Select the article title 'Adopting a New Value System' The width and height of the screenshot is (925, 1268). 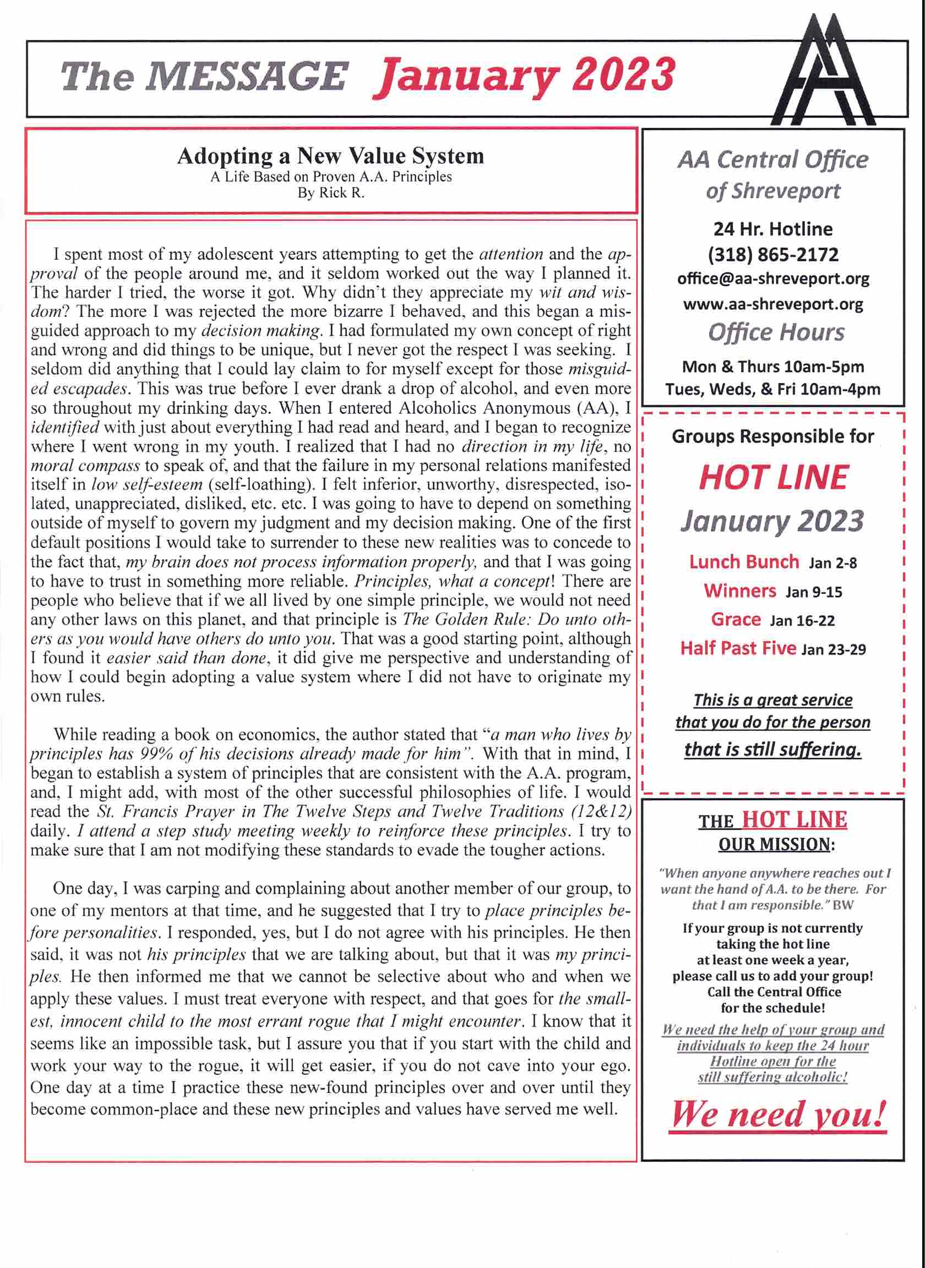[x=330, y=156]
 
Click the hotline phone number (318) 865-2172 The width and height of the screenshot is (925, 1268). [x=772, y=255]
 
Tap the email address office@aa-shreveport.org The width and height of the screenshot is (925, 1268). [x=772, y=278]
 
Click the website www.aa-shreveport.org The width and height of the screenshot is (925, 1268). [x=772, y=304]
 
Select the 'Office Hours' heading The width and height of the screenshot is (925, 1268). [x=775, y=332]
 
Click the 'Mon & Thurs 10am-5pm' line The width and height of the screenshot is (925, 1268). [x=772, y=367]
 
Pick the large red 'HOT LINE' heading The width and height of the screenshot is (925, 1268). [x=772, y=477]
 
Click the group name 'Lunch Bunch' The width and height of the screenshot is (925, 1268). [x=744, y=562]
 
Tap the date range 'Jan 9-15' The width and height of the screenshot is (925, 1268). [x=814, y=592]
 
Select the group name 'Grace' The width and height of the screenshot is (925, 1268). [x=736, y=620]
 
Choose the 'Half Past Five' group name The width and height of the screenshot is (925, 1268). [x=738, y=648]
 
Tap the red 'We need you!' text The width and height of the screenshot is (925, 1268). [x=779, y=1114]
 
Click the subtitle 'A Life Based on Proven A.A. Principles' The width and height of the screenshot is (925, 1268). [x=331, y=177]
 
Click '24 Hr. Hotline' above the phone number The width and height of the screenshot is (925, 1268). [x=772, y=229]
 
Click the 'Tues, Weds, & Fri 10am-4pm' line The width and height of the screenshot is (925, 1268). [x=772, y=390]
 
